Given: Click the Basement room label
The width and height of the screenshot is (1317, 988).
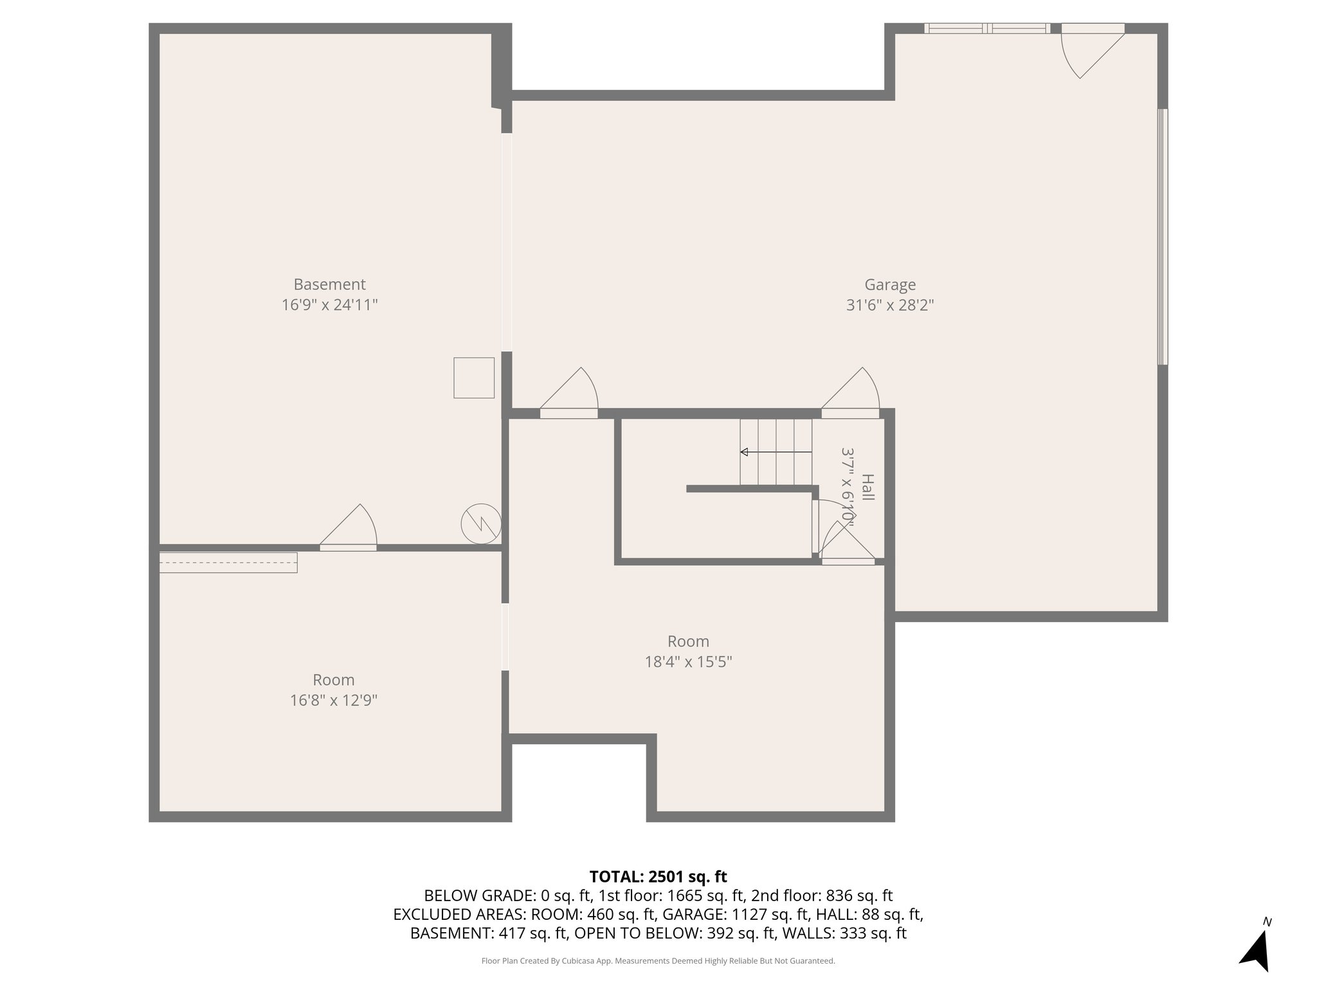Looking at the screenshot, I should click(x=329, y=284).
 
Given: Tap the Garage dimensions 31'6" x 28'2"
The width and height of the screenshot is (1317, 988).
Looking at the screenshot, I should click(x=889, y=305).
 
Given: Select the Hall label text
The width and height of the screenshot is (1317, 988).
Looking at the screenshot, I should click(x=867, y=488).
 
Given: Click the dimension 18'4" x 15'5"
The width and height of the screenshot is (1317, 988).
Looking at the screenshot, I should click(x=688, y=662).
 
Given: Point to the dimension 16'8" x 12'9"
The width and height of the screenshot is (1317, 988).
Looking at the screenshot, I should click(x=333, y=700).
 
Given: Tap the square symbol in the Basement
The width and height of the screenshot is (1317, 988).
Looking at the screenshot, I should click(x=474, y=378).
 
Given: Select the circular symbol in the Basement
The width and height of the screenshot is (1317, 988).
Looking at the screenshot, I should click(x=481, y=524).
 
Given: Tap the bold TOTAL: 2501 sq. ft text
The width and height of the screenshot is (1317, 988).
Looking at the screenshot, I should click(x=658, y=877).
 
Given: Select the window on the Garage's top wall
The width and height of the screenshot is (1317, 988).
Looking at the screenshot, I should click(x=986, y=28).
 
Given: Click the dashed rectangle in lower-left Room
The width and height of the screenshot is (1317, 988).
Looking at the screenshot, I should click(x=228, y=562).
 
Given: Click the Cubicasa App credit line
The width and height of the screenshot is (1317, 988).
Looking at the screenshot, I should click(x=658, y=961).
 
